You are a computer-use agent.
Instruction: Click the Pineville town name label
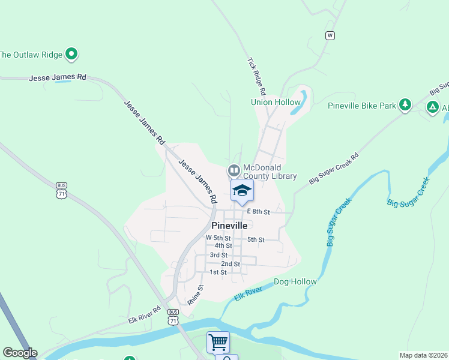tap(231, 226)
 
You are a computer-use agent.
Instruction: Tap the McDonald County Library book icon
tap(234, 171)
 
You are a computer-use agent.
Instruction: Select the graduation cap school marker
tap(242, 190)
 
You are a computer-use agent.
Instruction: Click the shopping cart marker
tap(218, 342)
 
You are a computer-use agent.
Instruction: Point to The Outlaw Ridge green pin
tap(72, 55)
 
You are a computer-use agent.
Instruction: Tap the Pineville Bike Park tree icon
tap(405, 106)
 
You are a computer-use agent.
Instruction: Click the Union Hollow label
tap(276, 102)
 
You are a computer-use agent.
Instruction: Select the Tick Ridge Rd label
tap(256, 77)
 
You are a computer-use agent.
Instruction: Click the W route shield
tap(330, 35)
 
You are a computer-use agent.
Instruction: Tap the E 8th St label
tap(259, 212)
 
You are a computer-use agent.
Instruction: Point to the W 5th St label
tap(218, 238)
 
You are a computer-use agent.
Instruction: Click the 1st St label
tap(218, 272)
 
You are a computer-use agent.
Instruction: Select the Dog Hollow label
tap(295, 281)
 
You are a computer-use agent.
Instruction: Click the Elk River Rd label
tap(144, 316)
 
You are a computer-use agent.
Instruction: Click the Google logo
tap(20, 353)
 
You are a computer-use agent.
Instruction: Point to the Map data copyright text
tap(423, 355)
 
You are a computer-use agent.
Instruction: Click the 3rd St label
tap(218, 255)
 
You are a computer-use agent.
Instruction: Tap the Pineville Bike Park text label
tap(362, 106)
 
